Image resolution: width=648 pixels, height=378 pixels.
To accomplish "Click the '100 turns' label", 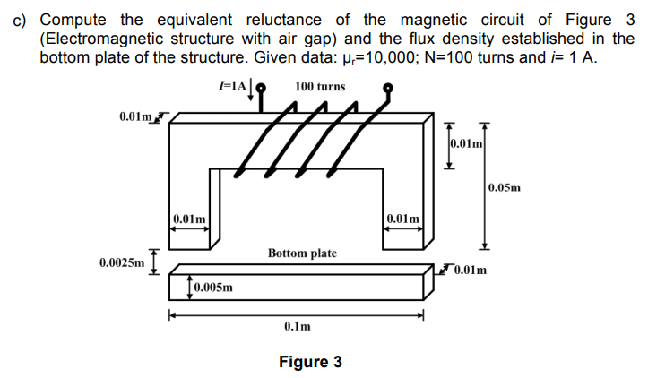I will tap(320, 87).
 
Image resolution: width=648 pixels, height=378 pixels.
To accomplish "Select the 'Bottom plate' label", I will tap(302, 253).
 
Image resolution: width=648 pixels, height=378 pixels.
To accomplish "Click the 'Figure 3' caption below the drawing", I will tap(310, 362).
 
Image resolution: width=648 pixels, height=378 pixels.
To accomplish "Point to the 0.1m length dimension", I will tap(297, 328).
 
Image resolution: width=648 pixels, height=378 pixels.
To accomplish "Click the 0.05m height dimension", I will tap(504, 187).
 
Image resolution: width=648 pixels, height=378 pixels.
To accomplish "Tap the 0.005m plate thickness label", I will tap(213, 288).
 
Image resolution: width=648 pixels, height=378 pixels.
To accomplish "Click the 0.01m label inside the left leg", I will tap(189, 218).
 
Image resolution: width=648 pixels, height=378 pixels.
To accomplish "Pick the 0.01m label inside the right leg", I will tap(402, 218).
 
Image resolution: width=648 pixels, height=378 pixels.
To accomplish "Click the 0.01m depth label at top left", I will tap(135, 116).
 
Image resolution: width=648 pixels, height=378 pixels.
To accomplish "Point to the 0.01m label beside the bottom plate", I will tap(470, 270).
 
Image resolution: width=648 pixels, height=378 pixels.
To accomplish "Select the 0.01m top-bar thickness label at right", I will tap(466, 142).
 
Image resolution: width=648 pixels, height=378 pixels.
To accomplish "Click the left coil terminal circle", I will tap(261, 88).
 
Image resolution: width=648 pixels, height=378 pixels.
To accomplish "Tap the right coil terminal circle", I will tap(389, 88).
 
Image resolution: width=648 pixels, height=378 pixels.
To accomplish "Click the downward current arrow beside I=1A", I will tap(250, 87).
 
